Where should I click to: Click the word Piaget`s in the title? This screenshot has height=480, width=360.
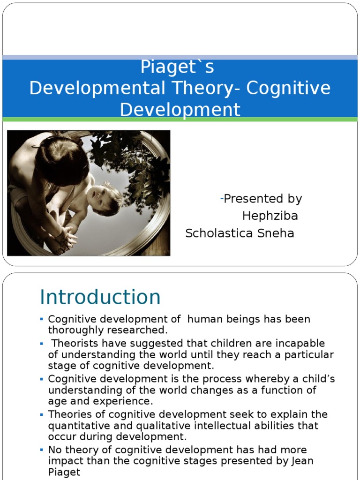click(x=177, y=67)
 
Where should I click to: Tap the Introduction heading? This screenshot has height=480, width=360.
click(x=100, y=297)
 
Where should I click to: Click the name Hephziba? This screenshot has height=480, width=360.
click(x=270, y=216)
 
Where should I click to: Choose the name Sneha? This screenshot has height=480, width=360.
click(x=275, y=233)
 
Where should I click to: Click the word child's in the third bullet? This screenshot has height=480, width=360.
click(x=316, y=379)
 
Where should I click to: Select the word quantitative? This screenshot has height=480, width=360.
click(x=80, y=426)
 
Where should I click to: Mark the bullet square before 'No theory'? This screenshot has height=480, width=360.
click(x=42, y=450)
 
